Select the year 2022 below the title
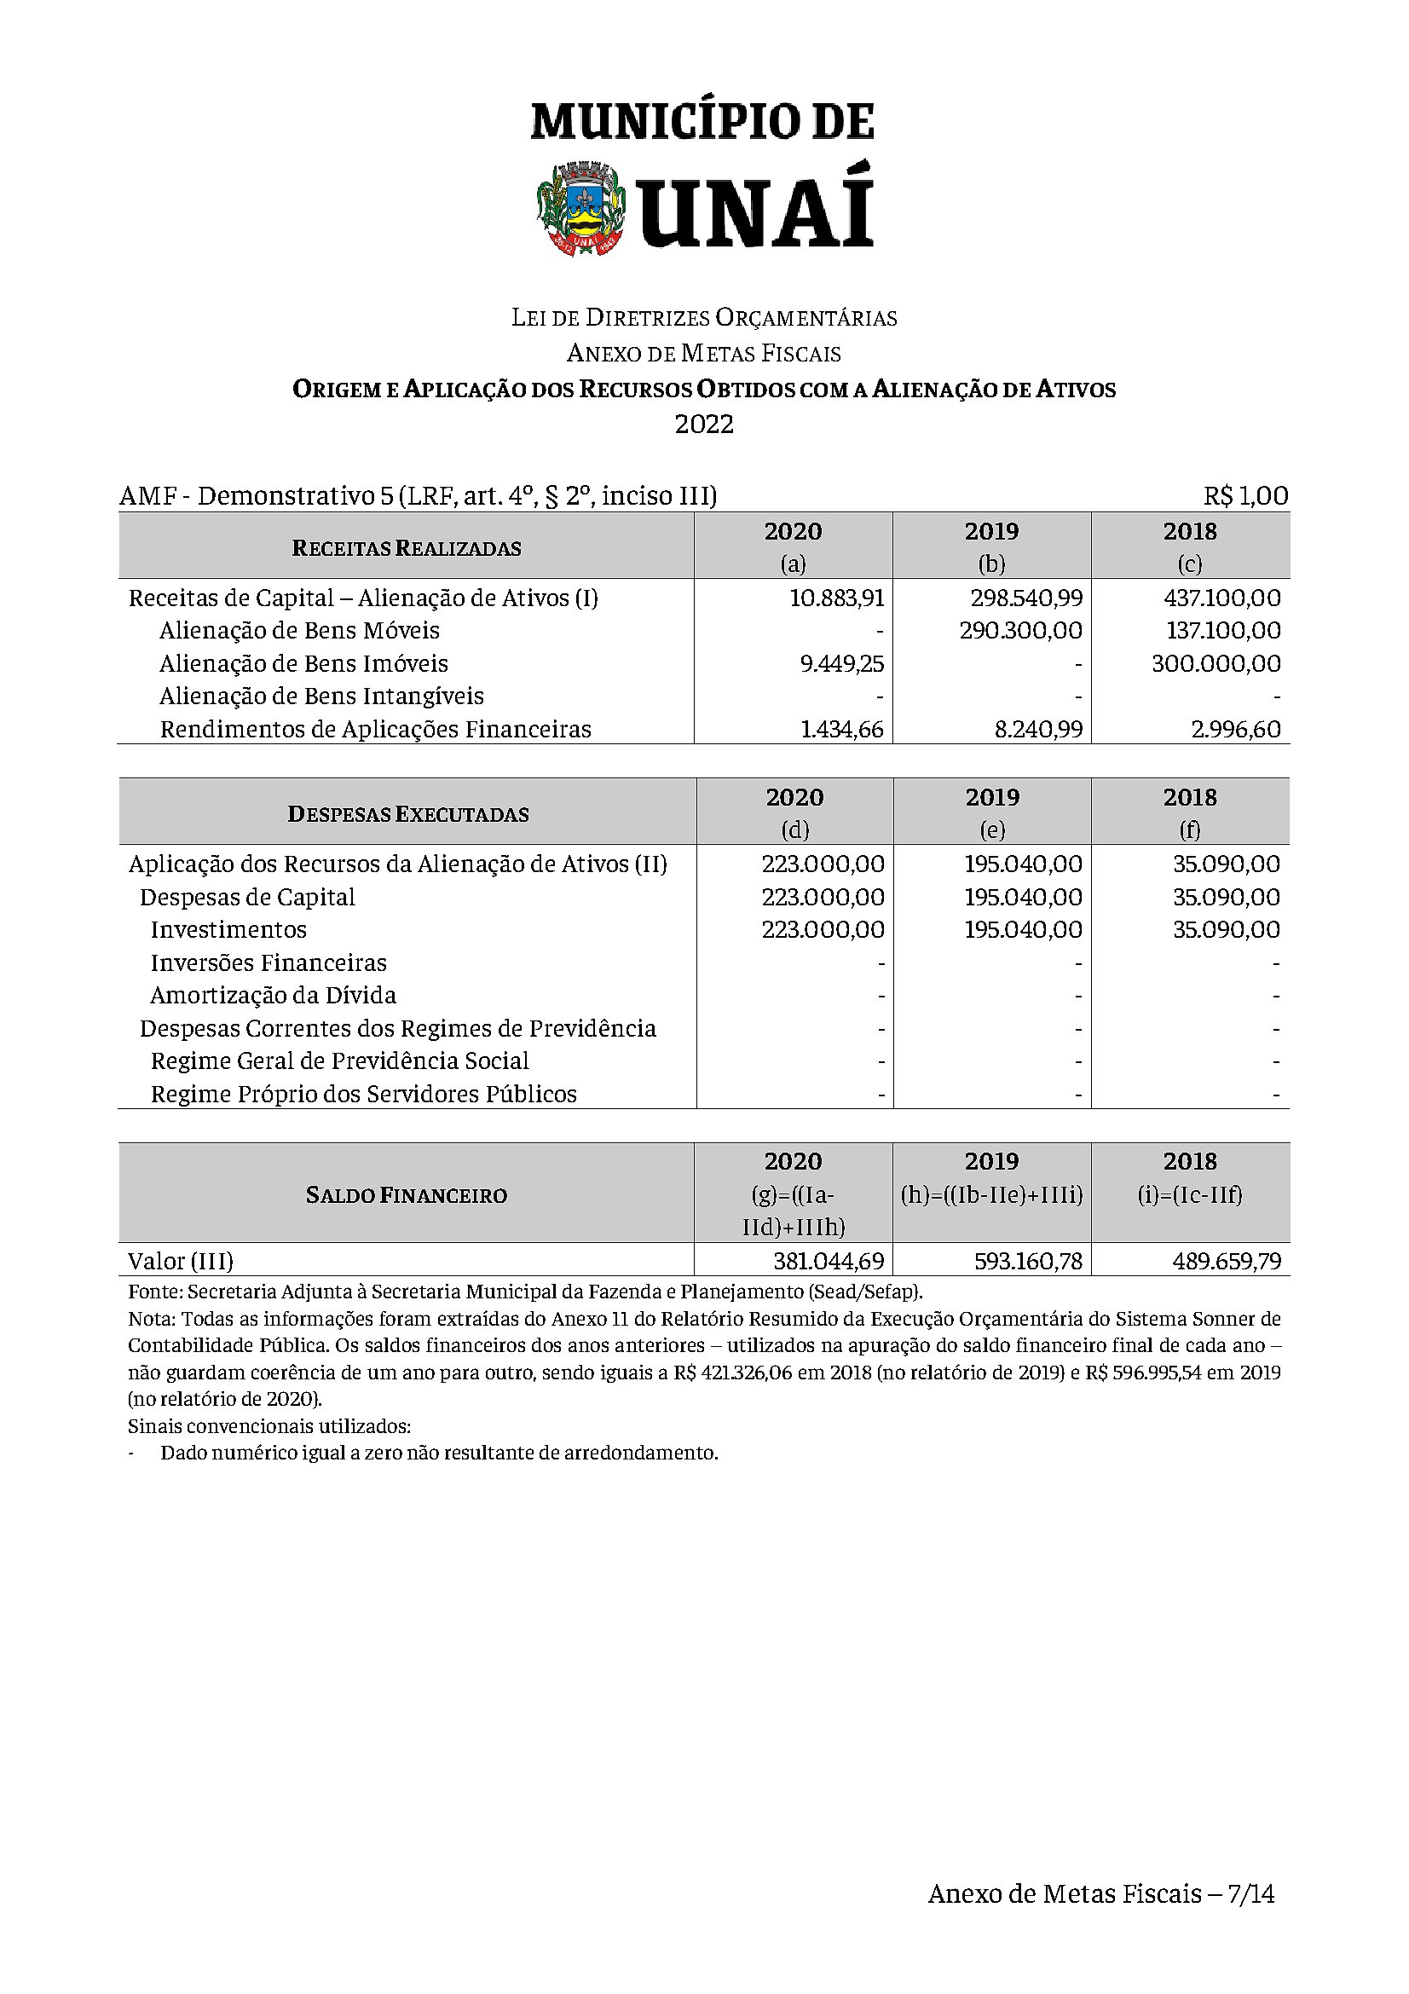click(704, 425)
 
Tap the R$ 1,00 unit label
click(1245, 496)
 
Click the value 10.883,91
click(837, 598)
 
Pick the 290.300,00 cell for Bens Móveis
click(1021, 631)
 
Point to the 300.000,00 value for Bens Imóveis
click(1216, 663)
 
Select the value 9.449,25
click(841, 663)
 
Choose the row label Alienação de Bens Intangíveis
click(321, 696)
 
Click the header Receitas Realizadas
click(407, 548)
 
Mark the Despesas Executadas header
click(408, 815)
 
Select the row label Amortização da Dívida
click(273, 995)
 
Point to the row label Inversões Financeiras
click(269, 963)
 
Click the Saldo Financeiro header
click(407, 1195)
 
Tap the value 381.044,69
click(829, 1261)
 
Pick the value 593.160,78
click(1028, 1261)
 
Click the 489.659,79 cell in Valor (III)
click(1226, 1261)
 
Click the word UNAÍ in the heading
click(755, 210)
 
